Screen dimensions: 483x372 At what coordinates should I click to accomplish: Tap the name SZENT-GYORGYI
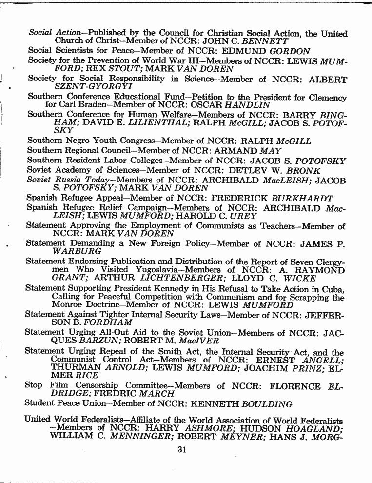click(85, 87)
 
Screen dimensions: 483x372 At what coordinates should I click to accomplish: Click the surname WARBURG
click(74, 252)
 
